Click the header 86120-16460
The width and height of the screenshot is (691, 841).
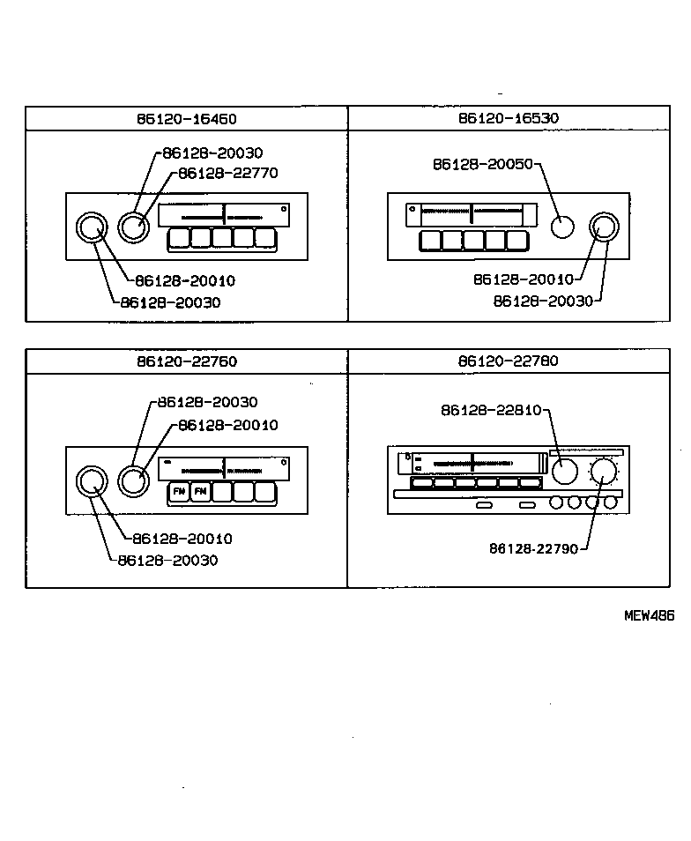(186, 118)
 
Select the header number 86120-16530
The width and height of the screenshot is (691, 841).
(509, 118)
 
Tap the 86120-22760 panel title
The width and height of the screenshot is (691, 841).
(186, 361)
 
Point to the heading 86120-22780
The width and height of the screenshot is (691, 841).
(509, 361)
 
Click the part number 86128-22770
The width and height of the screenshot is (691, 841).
(227, 173)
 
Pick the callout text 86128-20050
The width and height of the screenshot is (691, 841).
(483, 164)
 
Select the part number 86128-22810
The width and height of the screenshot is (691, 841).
(491, 410)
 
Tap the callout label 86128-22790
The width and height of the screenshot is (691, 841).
(533, 548)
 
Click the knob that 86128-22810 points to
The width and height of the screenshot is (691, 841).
(564, 472)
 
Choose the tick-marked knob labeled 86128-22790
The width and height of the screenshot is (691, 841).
(604, 472)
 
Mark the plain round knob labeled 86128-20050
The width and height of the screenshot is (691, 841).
(561, 227)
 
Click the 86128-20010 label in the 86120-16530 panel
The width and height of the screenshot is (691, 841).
(523, 279)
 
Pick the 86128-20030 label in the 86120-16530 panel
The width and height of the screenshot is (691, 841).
(543, 301)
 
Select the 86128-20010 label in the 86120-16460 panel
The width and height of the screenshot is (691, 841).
(185, 281)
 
